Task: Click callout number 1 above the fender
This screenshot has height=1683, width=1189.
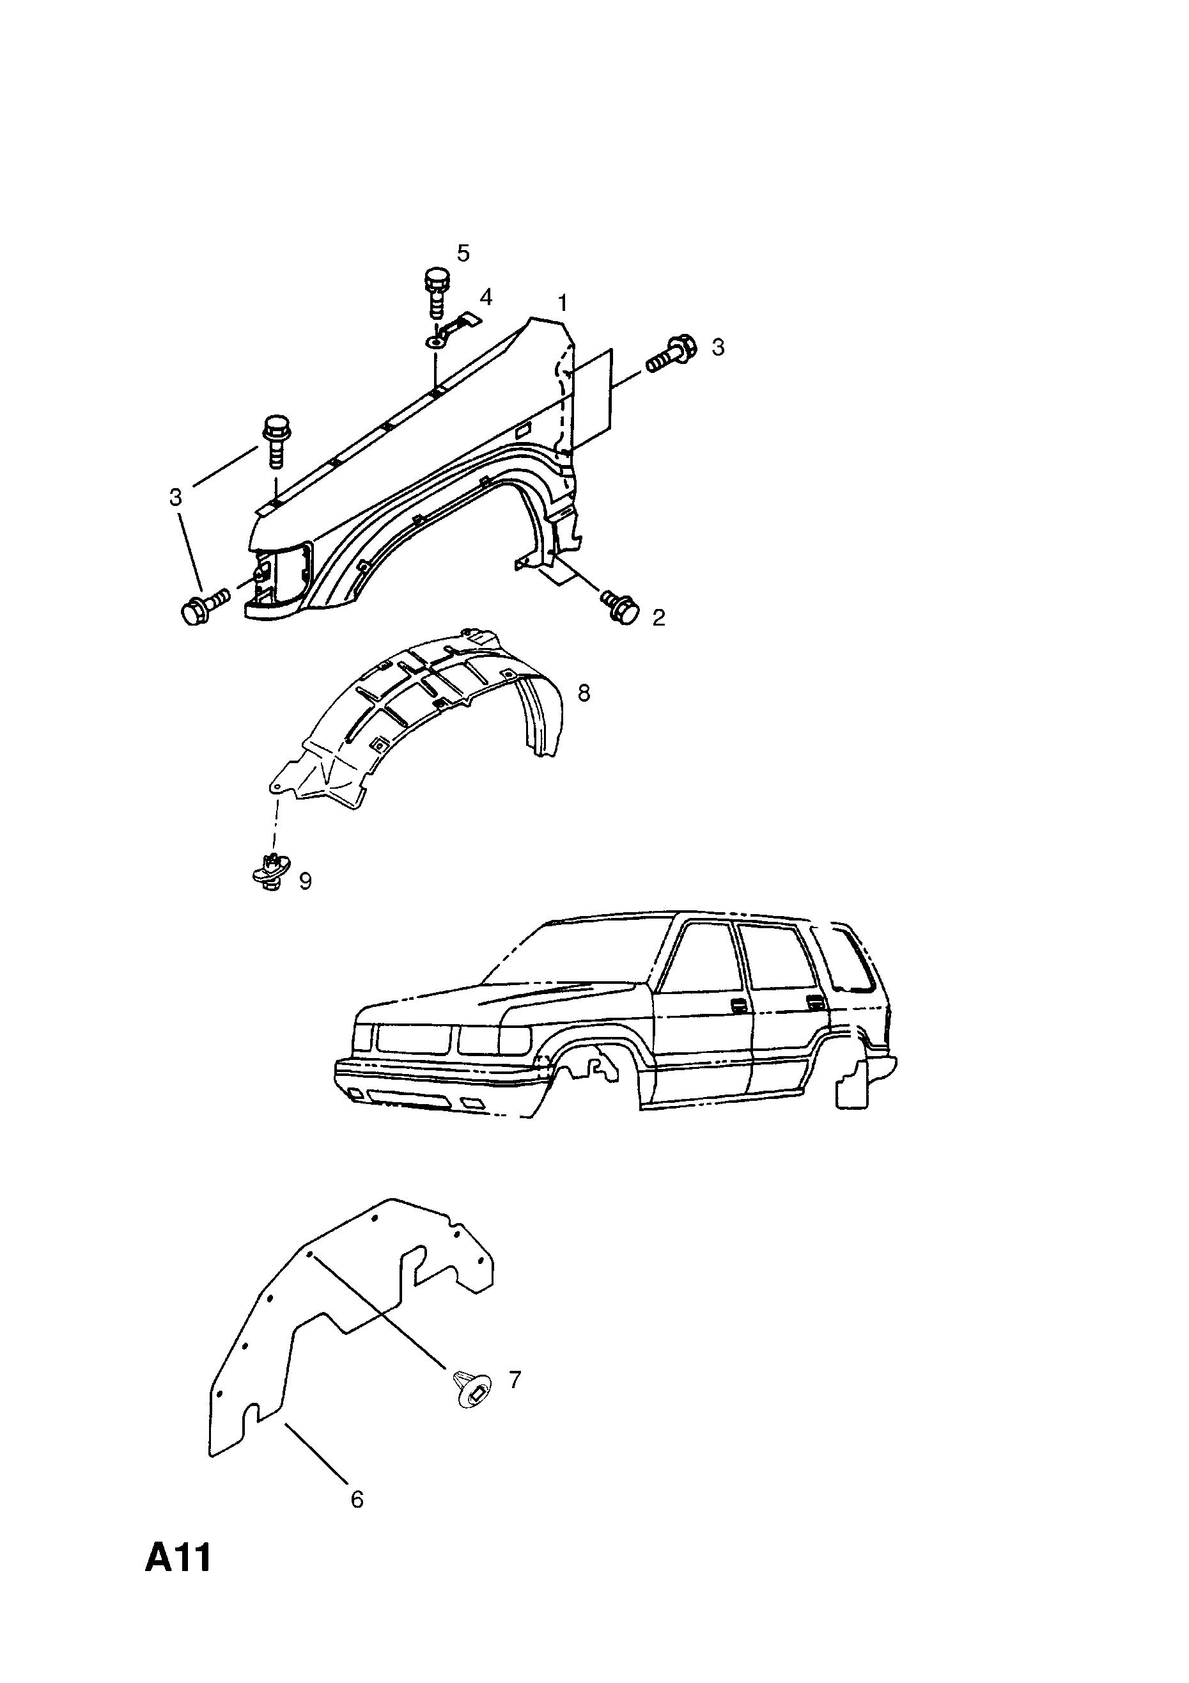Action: pos(563,302)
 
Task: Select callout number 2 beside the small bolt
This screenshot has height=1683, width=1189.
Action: pos(658,618)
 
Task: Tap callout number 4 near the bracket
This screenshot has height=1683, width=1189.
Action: pos(486,297)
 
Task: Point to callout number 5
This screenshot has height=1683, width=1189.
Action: pos(463,253)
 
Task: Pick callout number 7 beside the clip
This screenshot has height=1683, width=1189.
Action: pos(515,1380)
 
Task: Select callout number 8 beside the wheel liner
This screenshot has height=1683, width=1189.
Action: pos(584,693)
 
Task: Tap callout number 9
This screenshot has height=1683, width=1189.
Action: pos(306,881)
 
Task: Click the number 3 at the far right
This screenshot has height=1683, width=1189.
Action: pos(718,347)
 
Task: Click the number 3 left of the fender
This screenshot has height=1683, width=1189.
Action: pos(175,498)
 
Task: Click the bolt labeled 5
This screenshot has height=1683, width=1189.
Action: pos(436,292)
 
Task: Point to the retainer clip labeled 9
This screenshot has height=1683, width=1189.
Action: pos(271,873)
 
